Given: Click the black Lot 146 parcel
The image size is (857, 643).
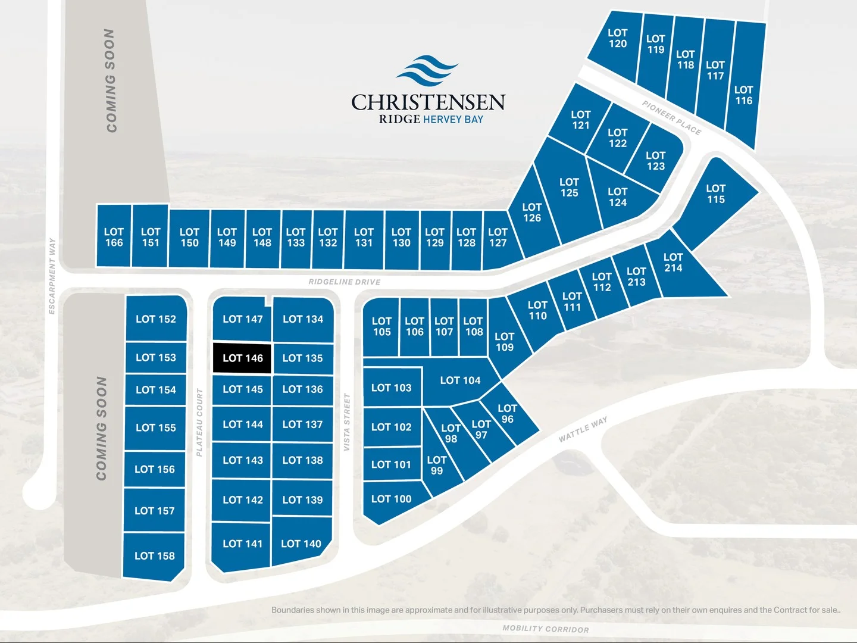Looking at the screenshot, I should point(242,358).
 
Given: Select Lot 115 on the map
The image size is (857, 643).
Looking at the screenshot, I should point(716,194).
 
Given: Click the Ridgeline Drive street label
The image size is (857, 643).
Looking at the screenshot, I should point(344,282).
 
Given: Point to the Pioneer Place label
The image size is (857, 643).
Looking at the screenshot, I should point(671,117).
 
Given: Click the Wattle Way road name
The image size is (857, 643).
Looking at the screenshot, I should point(583,429).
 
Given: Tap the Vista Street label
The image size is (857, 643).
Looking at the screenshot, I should point(347,422).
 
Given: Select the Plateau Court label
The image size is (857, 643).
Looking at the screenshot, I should point(199,422).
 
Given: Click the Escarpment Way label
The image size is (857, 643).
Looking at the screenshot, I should point(52,276).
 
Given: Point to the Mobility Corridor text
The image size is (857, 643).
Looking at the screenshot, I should point(546,629).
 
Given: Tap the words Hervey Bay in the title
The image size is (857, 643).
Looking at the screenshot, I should point(453,119).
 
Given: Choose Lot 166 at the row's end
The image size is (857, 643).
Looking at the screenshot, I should point(114,237).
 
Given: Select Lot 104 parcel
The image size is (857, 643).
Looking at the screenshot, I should point(460,380).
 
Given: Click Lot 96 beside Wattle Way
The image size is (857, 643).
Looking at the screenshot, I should point(508,414).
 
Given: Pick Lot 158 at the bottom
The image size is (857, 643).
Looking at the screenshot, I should point(154,556).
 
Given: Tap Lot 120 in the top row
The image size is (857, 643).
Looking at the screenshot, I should point(617,38).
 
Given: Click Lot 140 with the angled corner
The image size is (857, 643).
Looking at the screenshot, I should point(301,543).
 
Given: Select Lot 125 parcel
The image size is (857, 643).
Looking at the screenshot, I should point(569,188).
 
